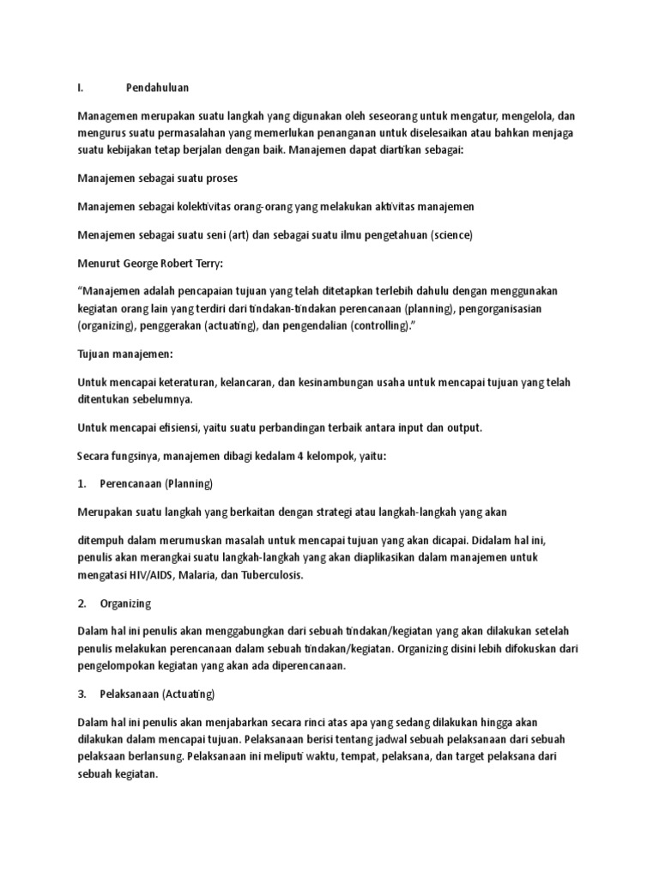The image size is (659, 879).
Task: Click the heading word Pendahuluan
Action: click(x=157, y=87)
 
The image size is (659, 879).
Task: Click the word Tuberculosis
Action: click(x=273, y=576)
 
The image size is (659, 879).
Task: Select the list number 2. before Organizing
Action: click(x=82, y=604)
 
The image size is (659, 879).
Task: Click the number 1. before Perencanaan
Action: click(x=82, y=483)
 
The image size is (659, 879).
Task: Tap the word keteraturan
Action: click(x=173, y=382)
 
